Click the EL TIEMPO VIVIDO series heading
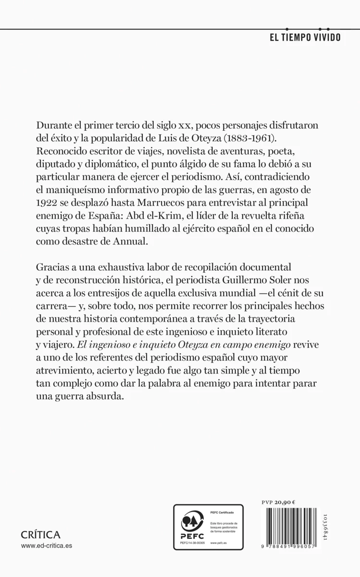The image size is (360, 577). tap(304, 38)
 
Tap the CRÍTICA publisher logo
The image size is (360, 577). tap(41, 534)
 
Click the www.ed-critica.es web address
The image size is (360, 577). tap(47, 546)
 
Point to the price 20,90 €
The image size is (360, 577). tap(286, 502)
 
